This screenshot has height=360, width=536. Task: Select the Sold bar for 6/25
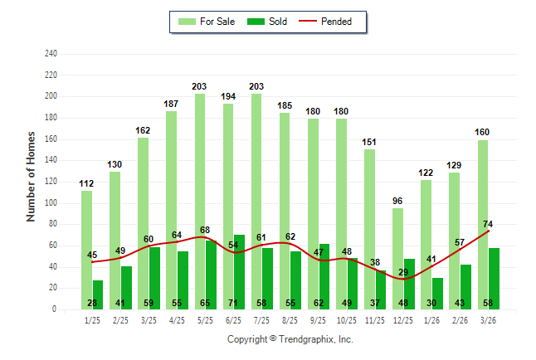point(240,270)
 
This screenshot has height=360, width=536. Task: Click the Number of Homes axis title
point(32,176)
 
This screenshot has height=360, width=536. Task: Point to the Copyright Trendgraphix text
point(290,339)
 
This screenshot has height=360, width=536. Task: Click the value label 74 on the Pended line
point(488,224)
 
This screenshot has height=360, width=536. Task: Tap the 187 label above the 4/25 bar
point(172,104)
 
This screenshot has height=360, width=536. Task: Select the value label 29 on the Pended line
point(403,272)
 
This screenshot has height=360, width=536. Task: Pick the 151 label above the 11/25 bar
point(370,142)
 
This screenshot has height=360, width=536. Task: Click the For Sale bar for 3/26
point(483,224)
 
